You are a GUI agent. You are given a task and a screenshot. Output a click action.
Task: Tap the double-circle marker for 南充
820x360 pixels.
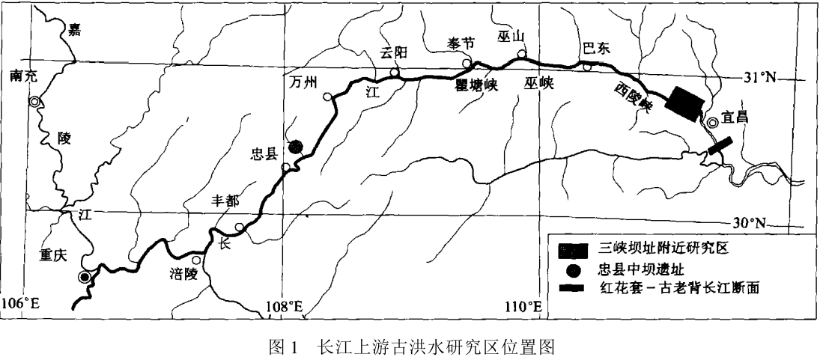tap(34, 101)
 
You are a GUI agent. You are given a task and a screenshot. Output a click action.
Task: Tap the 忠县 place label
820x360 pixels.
tap(264, 155)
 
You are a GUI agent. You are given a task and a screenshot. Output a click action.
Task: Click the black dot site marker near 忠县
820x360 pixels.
tap(296, 147)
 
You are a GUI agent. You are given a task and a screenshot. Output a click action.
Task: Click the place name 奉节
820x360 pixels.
tap(461, 43)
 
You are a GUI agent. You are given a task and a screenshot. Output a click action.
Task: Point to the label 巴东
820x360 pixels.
tap(598, 49)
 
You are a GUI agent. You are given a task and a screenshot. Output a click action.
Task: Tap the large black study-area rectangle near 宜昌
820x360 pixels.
tap(686, 103)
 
